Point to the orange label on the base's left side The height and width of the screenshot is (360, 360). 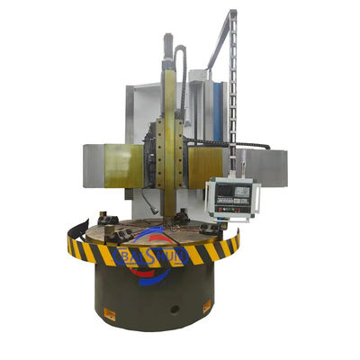coord(109,313)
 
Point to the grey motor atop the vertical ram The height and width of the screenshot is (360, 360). coord(167,45)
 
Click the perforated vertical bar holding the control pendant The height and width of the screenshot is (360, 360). coord(233,99)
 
